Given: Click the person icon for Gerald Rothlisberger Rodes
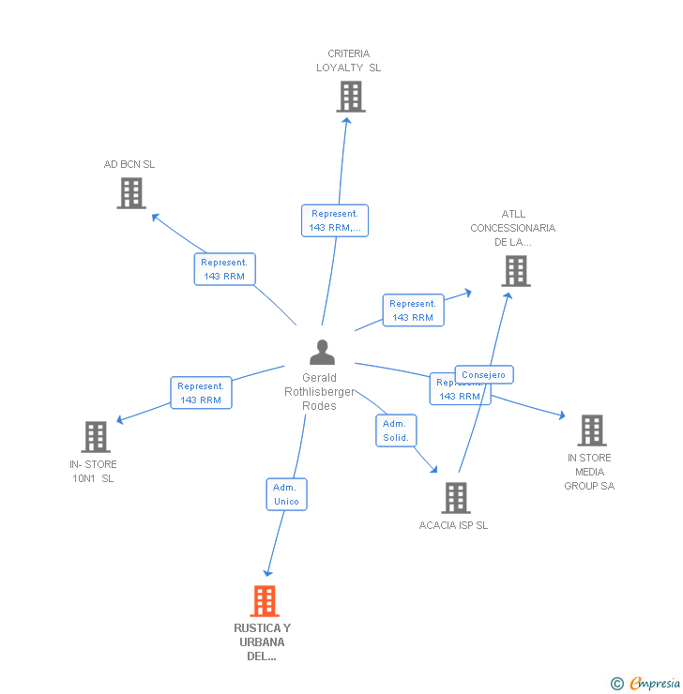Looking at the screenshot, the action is coord(322,353).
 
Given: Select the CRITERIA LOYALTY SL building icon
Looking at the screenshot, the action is coord(350,97).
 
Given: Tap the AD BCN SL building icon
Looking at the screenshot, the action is coord(131,192).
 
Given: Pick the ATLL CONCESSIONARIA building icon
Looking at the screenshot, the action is coord(515,270).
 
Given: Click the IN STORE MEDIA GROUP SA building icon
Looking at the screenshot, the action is coord(591,430).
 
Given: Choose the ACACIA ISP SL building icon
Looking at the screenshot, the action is coord(455,497).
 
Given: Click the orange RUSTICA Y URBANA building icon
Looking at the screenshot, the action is coord(265,600).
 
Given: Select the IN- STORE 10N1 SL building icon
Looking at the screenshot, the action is coord(96,436).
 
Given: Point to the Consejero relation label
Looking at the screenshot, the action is coord(484,375).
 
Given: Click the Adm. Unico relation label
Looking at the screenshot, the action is coord(286,494).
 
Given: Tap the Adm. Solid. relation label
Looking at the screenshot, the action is coord(396,430).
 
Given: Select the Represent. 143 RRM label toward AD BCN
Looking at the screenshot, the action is coord(223,269).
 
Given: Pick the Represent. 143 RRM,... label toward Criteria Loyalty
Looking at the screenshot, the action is coord(335,220).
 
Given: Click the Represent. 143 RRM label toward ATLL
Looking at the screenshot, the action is coord(413,310).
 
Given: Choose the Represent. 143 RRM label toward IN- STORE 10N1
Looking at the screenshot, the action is coord(201,393).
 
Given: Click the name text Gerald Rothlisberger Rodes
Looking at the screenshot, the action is coord(320,392).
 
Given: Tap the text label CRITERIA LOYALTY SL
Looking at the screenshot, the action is coord(349,61).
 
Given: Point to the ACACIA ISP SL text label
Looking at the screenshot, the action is coord(453,526).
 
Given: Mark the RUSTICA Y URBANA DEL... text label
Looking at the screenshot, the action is coord(263,641).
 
